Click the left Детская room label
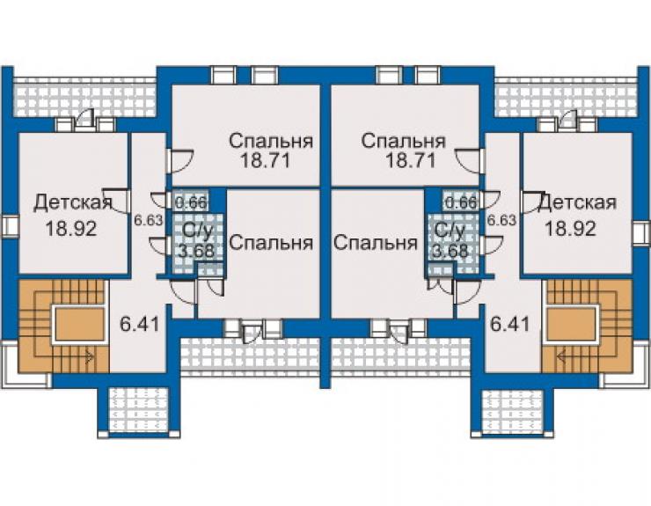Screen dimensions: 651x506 coord(73,202)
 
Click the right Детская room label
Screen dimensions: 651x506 coord(577,202)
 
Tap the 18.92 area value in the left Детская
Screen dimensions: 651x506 coord(71,229)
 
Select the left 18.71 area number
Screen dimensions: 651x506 coord(266,160)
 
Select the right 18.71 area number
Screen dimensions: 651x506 coord(410,160)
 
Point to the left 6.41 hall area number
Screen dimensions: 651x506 coord(140,324)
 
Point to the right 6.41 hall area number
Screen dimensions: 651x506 coord(510,324)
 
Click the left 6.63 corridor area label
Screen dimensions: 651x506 coord(148,220)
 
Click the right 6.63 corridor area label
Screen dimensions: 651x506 coord(501,220)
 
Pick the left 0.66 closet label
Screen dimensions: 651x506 coord(191,202)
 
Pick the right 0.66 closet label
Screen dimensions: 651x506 coord(460,202)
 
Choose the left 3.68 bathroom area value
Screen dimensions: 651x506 coord(196,252)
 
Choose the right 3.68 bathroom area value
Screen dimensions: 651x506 coord(450,252)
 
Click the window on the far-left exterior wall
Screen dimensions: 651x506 coord(11,227)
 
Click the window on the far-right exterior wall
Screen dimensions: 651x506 coord(640,232)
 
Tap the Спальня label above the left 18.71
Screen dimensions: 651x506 coord(271,142)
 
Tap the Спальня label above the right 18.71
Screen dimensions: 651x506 coord(403,142)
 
